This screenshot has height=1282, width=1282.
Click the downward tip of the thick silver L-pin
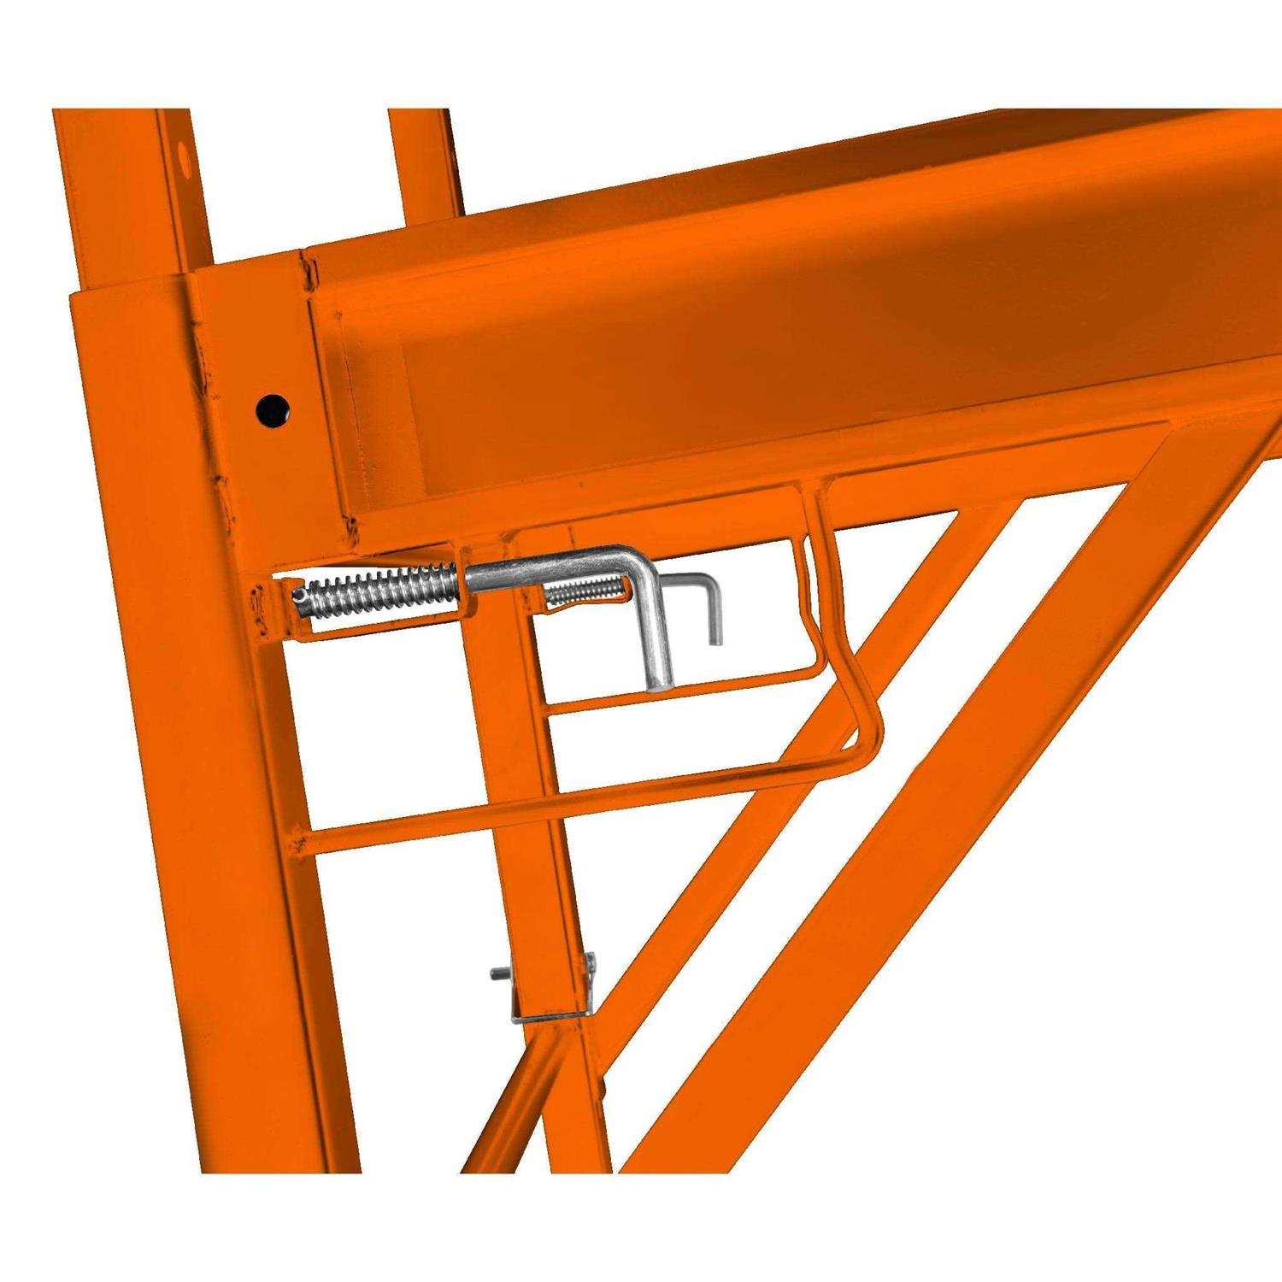659,679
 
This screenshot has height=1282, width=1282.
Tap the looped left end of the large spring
299,596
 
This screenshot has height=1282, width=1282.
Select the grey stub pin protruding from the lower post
498,973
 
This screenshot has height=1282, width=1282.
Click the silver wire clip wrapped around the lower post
547,1013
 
